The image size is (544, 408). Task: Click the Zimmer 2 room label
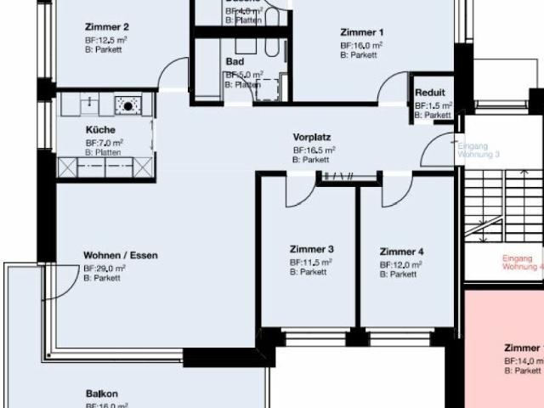pyautogui.click(x=107, y=26)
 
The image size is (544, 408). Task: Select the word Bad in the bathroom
pyautogui.click(x=235, y=62)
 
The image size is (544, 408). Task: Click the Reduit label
pyautogui.click(x=430, y=93)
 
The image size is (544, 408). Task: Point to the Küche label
pyautogui.click(x=100, y=130)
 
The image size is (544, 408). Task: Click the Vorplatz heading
pyautogui.click(x=311, y=137)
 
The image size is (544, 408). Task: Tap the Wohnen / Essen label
pyautogui.click(x=120, y=255)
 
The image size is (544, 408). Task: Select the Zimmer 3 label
pyautogui.click(x=311, y=250)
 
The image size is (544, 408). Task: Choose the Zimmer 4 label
pyautogui.click(x=401, y=252)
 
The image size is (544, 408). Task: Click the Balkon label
pyautogui.click(x=101, y=394)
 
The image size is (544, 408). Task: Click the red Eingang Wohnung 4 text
pyautogui.click(x=522, y=262)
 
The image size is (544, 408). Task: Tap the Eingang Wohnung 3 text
pyautogui.click(x=477, y=150)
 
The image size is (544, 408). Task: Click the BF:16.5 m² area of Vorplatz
pyautogui.click(x=313, y=150)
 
